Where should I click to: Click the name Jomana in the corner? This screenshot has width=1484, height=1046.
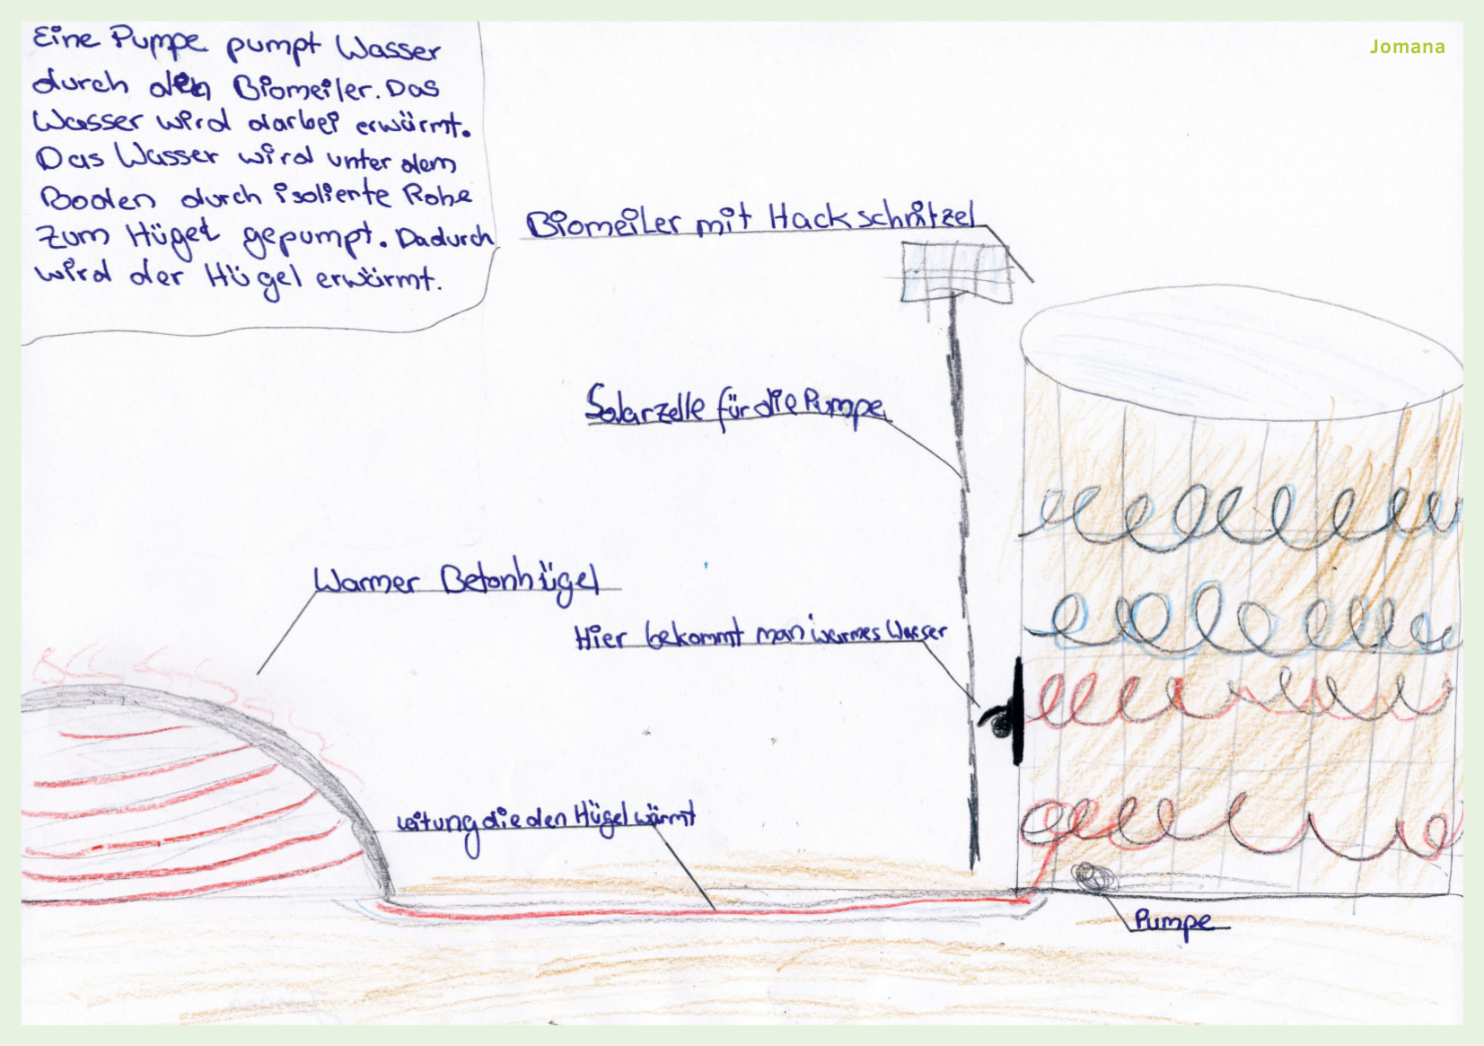coord(1407,47)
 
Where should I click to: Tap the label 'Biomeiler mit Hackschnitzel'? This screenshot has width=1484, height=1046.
coord(750,221)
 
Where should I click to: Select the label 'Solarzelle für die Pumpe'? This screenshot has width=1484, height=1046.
coord(736,406)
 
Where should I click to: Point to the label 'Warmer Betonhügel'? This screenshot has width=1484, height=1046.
coord(456,581)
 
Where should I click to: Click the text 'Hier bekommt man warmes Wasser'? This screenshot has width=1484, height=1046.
coord(760,634)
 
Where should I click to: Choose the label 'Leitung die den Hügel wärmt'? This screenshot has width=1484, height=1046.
coord(546,819)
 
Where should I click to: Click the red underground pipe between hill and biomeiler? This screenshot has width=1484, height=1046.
coord(700,910)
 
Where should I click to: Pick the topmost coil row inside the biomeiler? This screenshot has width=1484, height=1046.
coord(1239,516)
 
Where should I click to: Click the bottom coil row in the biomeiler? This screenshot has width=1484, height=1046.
coord(1239,826)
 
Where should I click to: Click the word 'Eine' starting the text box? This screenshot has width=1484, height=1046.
coord(66,39)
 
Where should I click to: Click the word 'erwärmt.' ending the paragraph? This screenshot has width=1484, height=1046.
coord(377,278)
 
